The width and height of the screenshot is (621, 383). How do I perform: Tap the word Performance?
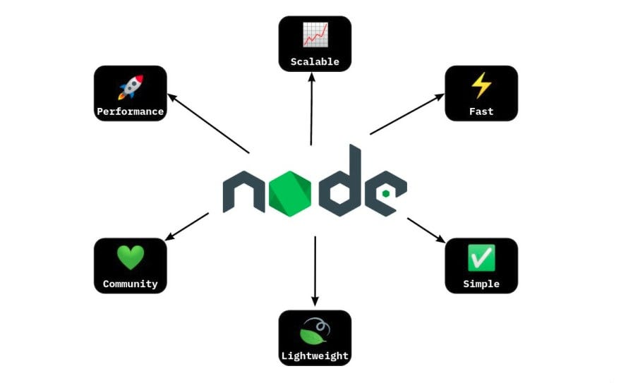point(130,111)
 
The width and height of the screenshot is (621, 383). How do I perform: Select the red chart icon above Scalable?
point(315,35)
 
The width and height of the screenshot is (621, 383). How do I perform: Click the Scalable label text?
point(315,62)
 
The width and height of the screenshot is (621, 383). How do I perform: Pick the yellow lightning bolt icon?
point(481,85)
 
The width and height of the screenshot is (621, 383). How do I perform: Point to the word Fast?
point(481,111)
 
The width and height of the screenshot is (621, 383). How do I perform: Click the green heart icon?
point(130,257)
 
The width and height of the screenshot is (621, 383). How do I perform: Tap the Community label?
point(130,284)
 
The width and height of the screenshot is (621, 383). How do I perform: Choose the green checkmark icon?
point(481,257)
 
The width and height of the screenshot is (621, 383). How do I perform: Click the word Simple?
point(481,284)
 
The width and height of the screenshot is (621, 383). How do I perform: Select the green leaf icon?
point(314,330)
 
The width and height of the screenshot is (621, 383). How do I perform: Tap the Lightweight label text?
point(315,355)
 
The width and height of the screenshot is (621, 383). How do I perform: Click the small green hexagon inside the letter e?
point(386,193)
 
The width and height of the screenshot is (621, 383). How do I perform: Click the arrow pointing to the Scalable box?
point(311,109)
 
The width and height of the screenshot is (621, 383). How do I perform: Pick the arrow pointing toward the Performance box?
point(208,124)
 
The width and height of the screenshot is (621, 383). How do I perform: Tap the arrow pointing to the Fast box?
point(407,114)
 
